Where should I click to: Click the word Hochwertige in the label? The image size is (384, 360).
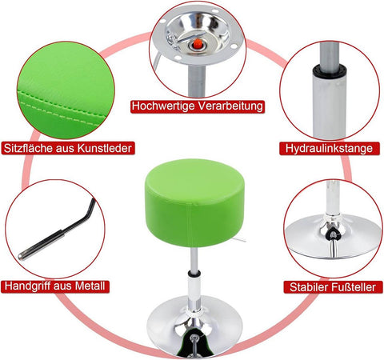[163, 106]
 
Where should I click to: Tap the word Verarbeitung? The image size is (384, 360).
[230, 106]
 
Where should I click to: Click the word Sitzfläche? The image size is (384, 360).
[28, 148]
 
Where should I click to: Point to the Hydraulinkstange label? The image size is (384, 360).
[329, 148]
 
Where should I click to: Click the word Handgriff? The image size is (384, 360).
[27, 286]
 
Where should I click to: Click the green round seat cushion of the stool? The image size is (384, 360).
[194, 202]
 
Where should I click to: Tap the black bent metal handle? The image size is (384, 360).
[78, 218]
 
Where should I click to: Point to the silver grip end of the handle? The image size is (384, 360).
[40, 244]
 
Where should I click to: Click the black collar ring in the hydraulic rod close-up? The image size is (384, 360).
[330, 70]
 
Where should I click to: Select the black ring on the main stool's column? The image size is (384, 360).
[194, 274]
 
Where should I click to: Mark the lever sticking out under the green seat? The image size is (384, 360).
[238, 239]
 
